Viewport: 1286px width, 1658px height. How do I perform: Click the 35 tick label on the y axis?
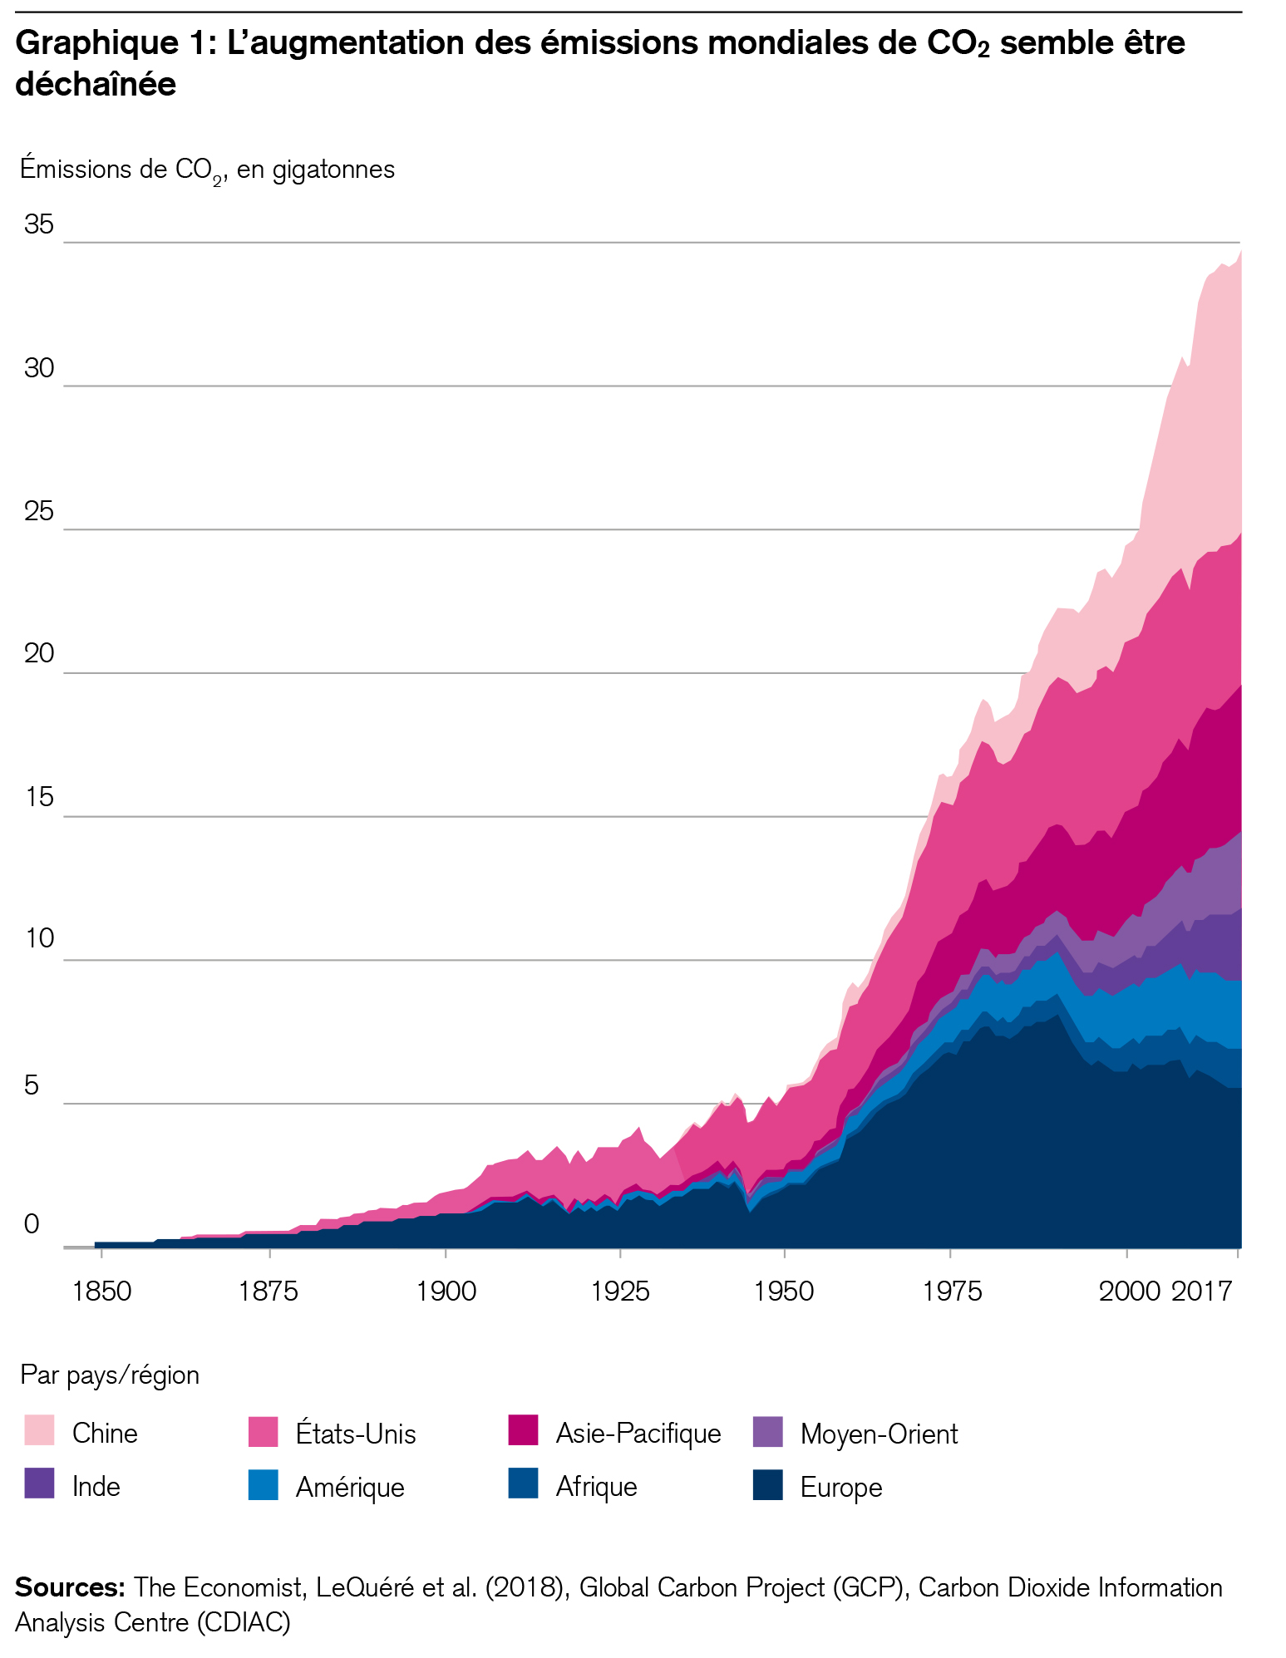(38, 224)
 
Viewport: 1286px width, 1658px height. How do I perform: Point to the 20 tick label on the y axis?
(38, 654)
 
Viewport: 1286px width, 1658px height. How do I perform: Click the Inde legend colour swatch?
(39, 1483)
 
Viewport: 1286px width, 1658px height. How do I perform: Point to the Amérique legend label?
(350, 1487)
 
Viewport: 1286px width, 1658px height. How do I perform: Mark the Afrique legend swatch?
(523, 1483)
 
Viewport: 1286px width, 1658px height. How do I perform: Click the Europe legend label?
(840, 1487)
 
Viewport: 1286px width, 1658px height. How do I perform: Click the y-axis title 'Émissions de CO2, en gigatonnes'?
(207, 170)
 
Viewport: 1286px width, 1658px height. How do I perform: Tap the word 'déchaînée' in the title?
(96, 85)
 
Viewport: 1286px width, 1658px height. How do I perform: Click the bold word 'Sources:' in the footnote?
(70, 1587)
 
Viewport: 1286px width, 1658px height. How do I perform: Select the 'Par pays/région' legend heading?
(110, 1375)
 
